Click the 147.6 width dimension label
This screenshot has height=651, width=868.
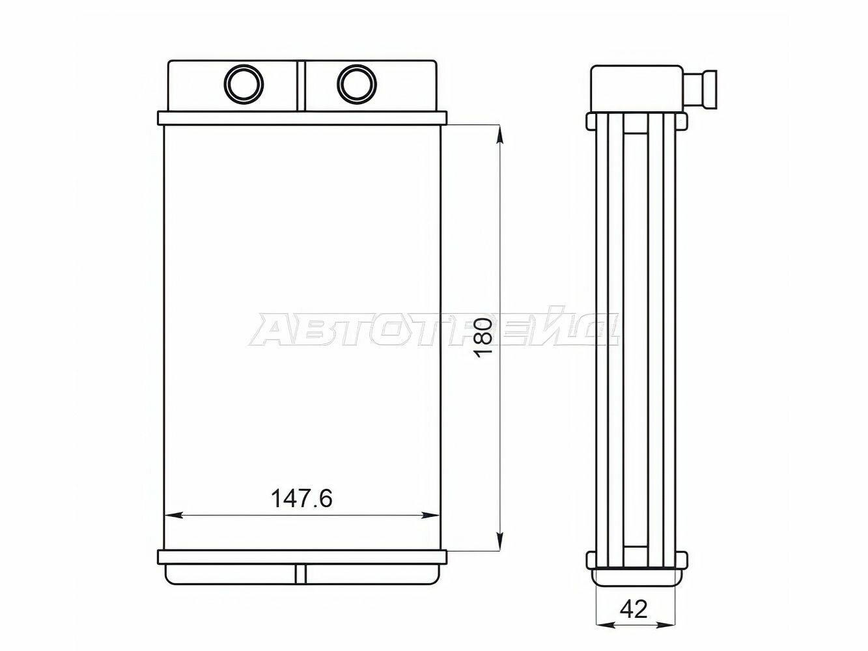[x=301, y=499]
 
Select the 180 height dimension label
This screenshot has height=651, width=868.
[x=484, y=337]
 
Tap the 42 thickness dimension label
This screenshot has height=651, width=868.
[x=634, y=609]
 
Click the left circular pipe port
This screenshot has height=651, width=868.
[x=244, y=84]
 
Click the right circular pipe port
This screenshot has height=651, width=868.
[x=357, y=84]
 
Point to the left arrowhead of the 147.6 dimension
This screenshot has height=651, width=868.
[x=174, y=516]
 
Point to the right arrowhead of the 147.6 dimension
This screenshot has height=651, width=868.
[x=429, y=516]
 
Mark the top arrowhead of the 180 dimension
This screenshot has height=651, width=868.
[x=500, y=135]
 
